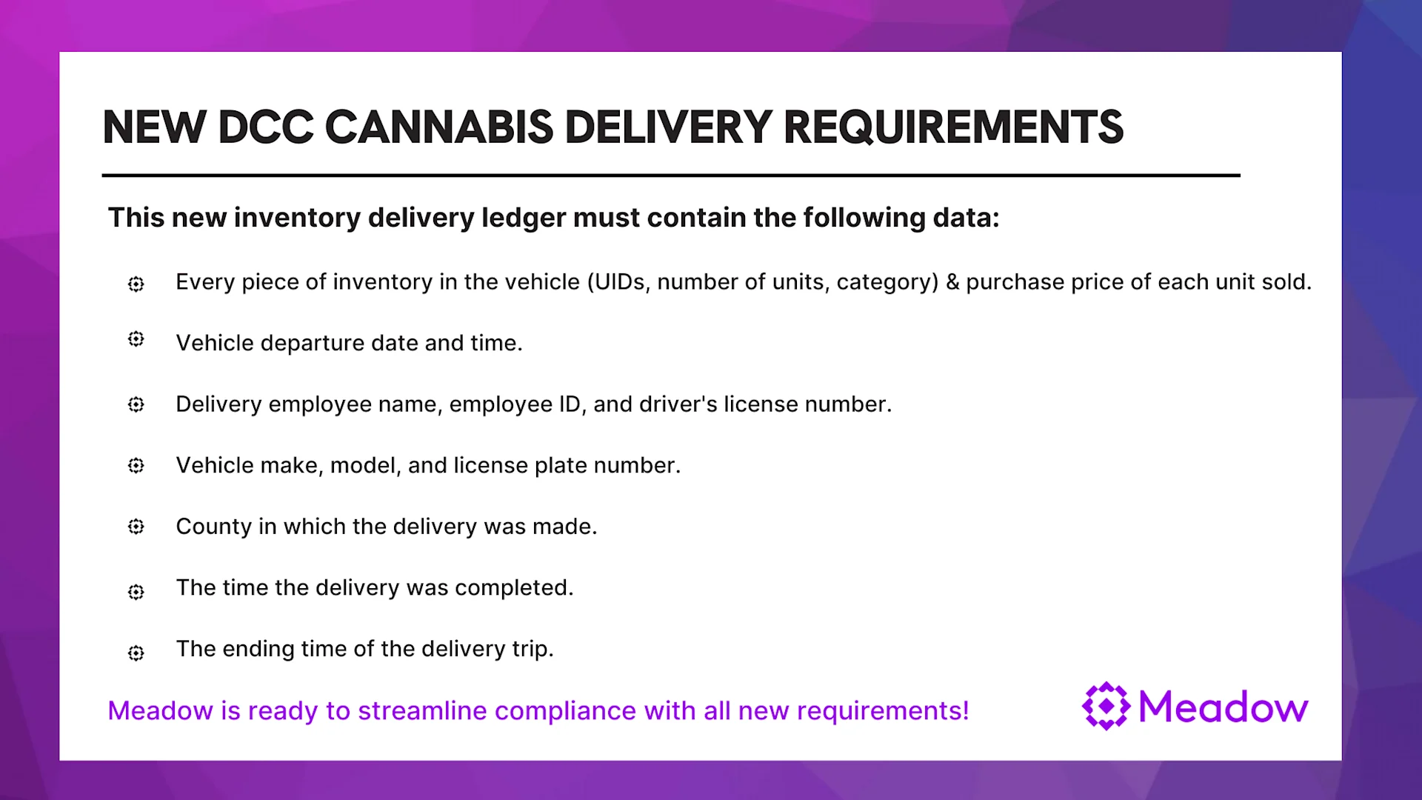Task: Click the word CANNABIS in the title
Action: (439, 127)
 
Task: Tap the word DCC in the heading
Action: (266, 127)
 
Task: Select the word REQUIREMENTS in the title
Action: (954, 127)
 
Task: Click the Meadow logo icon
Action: (1106, 706)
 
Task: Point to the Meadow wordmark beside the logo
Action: (1224, 707)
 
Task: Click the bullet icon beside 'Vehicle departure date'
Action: (136, 339)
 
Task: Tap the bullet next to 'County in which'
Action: (136, 527)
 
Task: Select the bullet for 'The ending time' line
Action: (136, 653)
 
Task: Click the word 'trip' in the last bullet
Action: (532, 650)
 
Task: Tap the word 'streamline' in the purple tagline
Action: (423, 711)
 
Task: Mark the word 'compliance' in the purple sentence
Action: (566, 712)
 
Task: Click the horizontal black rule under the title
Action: (671, 176)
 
